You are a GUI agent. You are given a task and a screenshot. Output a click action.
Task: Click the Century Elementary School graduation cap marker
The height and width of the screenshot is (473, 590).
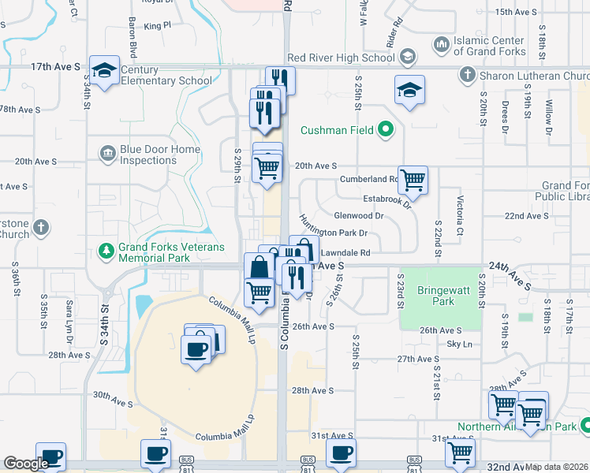coord(104,71)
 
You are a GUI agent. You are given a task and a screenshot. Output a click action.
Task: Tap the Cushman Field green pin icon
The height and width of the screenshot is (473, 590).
coord(385,129)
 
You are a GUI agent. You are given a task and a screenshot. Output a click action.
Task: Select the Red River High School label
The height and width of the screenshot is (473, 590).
coord(341,58)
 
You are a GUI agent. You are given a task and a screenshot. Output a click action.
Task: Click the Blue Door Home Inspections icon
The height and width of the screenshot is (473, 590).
coord(106,151)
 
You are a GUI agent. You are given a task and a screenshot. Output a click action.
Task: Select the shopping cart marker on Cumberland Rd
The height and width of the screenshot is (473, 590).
coord(413,181)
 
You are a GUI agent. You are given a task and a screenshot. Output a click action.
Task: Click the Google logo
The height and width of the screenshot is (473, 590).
coord(26,464)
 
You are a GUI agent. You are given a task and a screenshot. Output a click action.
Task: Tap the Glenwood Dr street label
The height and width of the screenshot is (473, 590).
coord(358,215)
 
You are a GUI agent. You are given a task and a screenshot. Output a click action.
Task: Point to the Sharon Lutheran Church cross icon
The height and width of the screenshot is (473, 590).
coord(467,75)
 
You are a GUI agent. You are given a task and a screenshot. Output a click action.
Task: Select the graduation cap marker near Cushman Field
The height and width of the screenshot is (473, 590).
coord(410,91)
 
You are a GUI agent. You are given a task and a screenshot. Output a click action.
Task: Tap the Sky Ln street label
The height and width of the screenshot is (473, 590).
coord(458,345)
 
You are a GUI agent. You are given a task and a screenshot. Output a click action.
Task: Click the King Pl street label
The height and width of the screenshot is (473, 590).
coord(157,25)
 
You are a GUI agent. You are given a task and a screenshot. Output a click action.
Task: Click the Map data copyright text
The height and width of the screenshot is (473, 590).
coord(557,467)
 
